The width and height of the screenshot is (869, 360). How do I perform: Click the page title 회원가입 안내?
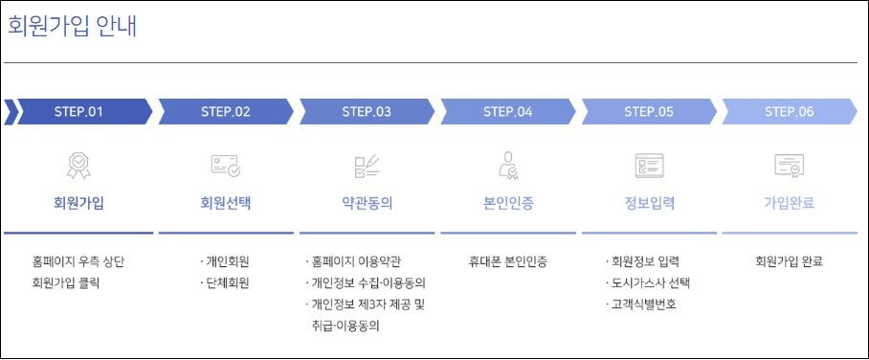[x=73, y=26]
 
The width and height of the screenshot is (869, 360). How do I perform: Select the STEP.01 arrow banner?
[x=78, y=111]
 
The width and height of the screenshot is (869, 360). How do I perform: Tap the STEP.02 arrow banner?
[x=226, y=111]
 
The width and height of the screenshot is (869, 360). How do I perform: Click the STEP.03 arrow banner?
[x=367, y=111]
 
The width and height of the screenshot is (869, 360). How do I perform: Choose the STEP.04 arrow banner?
[x=507, y=111]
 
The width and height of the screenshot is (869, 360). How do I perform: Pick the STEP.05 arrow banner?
[x=649, y=111]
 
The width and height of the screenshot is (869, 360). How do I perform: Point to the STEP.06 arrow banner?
[x=790, y=111]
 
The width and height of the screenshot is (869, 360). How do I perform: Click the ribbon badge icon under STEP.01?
[x=78, y=166]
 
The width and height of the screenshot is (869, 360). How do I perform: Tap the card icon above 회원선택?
[x=226, y=166]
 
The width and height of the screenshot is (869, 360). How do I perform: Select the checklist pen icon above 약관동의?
[x=367, y=166]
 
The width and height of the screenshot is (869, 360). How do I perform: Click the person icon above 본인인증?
[x=508, y=166]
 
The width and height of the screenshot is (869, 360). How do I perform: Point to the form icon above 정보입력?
[x=649, y=166]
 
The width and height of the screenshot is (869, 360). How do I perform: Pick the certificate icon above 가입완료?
[x=790, y=166]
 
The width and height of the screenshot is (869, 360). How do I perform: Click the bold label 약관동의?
[x=367, y=203]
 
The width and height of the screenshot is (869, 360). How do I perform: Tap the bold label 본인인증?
[x=508, y=203]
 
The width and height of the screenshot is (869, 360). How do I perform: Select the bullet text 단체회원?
[x=228, y=283]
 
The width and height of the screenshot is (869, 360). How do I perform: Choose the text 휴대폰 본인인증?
[x=508, y=260]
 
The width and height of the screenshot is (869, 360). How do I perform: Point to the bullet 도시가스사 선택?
[x=652, y=283]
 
